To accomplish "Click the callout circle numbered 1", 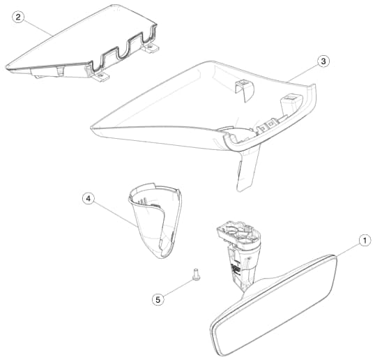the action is click(365, 241).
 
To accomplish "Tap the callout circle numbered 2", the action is click(18, 17).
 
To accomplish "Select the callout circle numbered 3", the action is click(323, 61).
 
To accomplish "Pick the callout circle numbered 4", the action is click(89, 199).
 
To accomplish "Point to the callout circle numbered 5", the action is click(158, 299).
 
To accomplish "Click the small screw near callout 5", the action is click(196, 275).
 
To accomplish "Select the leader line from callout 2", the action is click(38, 27).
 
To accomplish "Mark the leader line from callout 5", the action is click(178, 287).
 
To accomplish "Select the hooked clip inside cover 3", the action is click(245, 90).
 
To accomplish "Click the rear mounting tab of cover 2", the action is click(151, 47).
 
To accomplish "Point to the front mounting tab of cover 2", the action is click(100, 76).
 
